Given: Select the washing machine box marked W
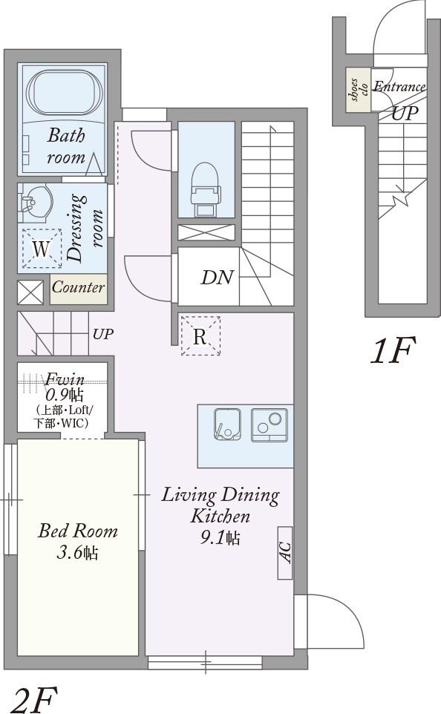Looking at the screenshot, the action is pyautogui.click(x=42, y=248).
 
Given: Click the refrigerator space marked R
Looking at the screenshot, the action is pyautogui.click(x=200, y=336).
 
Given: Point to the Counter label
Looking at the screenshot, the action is pyautogui.click(x=79, y=287).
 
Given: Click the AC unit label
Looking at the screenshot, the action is pyautogui.click(x=285, y=553).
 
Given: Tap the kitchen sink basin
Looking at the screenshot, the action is pyautogui.click(x=227, y=425).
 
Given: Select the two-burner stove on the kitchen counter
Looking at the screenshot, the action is pyautogui.click(x=269, y=425).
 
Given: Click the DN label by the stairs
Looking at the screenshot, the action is pyautogui.click(x=218, y=278).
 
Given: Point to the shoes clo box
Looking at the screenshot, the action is pyautogui.click(x=358, y=90).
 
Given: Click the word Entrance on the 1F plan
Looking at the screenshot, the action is pyautogui.click(x=399, y=87).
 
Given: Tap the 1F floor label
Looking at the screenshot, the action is pyautogui.click(x=393, y=350).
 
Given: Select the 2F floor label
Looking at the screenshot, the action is pyautogui.click(x=34, y=699).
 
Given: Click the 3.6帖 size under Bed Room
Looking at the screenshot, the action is pyautogui.click(x=77, y=553).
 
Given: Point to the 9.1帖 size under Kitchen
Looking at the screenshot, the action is pyautogui.click(x=220, y=538).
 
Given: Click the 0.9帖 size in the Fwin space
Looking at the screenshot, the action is pyautogui.click(x=64, y=394).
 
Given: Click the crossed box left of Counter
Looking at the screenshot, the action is pyautogui.click(x=30, y=292).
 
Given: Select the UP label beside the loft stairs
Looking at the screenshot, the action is pyautogui.click(x=103, y=334).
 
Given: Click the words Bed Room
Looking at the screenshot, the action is pyautogui.click(x=78, y=531).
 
